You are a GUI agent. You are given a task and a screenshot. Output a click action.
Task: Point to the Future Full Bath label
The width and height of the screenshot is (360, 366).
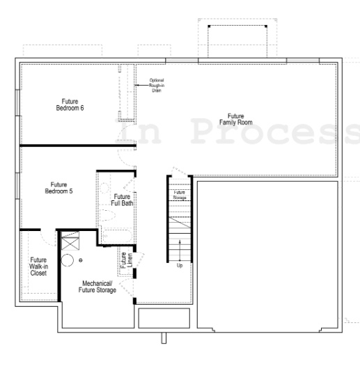125,200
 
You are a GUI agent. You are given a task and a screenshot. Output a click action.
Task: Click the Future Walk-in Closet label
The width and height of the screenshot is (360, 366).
38,266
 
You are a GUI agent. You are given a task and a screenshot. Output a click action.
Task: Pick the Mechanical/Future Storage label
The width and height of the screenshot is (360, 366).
98,287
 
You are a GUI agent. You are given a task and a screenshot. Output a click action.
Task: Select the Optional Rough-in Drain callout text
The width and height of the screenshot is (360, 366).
156,85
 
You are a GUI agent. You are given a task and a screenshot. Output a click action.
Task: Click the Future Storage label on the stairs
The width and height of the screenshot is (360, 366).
180,195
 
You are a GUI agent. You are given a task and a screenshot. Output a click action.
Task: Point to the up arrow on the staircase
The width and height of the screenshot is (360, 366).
180,248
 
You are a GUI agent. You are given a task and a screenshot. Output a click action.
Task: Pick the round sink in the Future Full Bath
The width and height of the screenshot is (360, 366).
105,186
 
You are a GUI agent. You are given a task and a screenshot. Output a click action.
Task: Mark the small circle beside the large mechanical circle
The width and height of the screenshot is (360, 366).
81,260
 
